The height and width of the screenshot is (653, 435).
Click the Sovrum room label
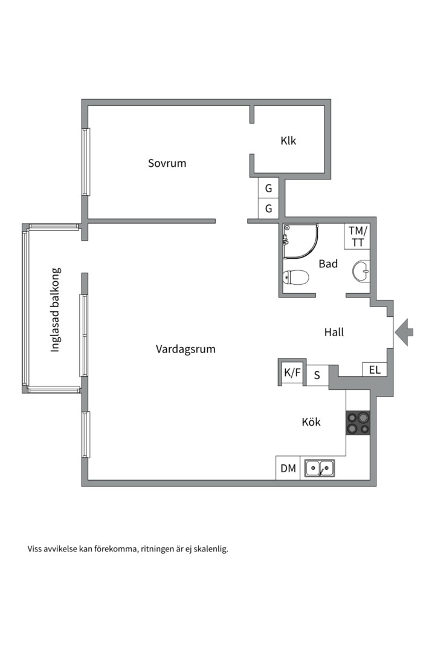point(167,163)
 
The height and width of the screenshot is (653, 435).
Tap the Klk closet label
point(288,141)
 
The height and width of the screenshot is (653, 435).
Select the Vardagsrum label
point(185,349)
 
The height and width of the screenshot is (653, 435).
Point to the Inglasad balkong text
point(55,310)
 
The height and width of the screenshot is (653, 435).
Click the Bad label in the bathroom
point(328,264)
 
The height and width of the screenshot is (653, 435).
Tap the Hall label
point(333,332)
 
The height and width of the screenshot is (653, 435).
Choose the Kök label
point(311,422)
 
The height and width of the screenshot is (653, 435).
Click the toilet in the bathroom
point(296,278)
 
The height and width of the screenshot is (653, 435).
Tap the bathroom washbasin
point(362,271)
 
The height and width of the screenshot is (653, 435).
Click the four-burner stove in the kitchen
point(357,423)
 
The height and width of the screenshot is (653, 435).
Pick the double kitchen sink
point(320,467)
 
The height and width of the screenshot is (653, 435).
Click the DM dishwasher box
point(288,468)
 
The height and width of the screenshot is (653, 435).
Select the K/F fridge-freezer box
point(292,373)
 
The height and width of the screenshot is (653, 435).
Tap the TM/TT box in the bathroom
point(357,236)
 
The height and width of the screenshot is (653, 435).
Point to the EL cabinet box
point(375,369)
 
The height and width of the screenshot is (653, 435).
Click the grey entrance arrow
point(404,332)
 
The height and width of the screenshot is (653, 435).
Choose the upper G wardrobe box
point(268,188)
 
